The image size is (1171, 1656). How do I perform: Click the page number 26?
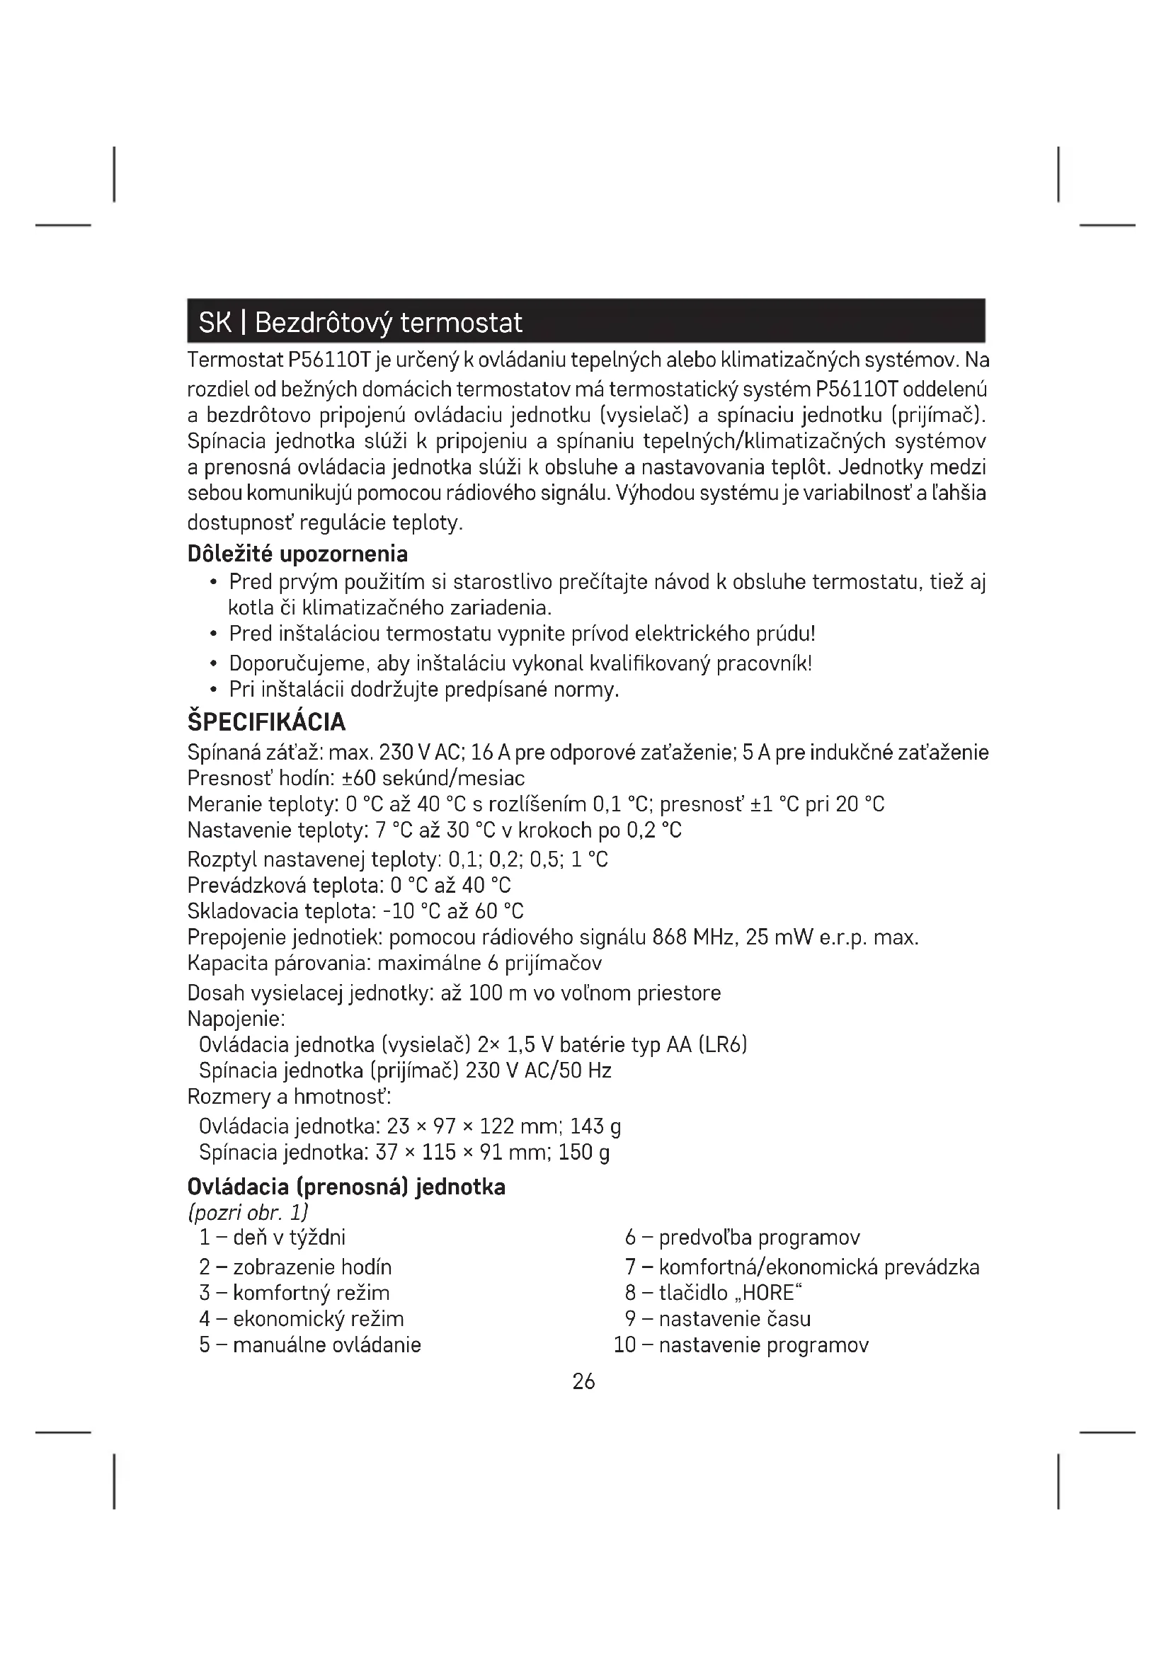click(583, 1381)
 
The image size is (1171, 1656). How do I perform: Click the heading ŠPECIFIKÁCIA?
click(266, 722)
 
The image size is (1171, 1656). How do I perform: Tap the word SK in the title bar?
click(214, 322)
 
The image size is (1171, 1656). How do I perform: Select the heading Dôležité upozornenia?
click(297, 554)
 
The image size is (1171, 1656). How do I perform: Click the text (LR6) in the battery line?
click(723, 1044)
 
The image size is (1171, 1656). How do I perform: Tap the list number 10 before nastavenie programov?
click(624, 1344)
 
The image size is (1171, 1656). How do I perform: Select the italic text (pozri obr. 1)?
click(248, 1212)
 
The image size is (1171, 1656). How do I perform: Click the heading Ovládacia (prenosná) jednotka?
click(346, 1187)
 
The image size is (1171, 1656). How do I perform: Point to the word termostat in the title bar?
click(461, 322)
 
